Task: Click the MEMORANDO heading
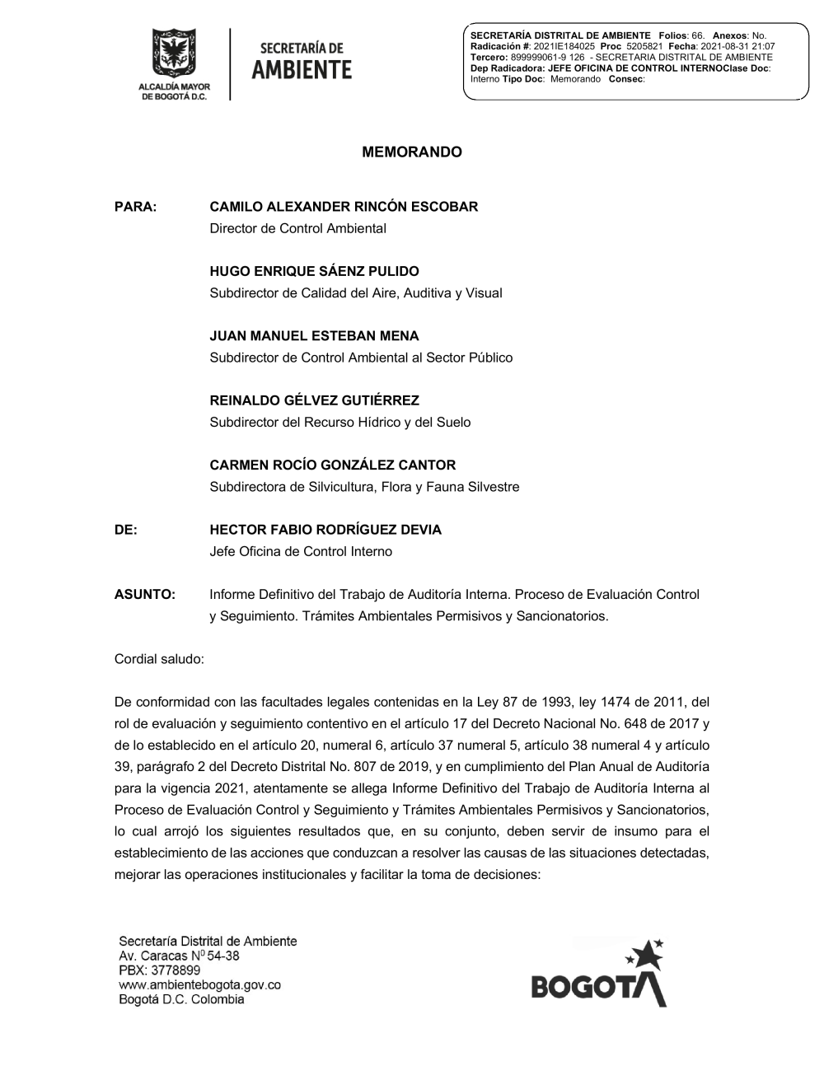tap(412, 152)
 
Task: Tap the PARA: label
tap(135, 207)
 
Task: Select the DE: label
tap(126, 530)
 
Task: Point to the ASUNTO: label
tap(145, 594)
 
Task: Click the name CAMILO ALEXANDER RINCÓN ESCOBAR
tap(344, 207)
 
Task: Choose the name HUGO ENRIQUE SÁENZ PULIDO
tap(314, 271)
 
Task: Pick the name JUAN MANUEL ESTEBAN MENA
tap(314, 336)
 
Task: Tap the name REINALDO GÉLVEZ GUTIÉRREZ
tap(314, 400)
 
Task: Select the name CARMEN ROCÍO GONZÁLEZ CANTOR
tap(333, 465)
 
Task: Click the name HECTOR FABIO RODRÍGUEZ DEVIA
tap(325, 530)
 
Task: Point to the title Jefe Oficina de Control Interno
tap(301, 551)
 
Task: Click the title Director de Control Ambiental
tap(297, 228)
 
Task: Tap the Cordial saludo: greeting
tap(159, 659)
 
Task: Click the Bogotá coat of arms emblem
tap(174, 54)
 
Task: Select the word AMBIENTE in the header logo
tap(302, 71)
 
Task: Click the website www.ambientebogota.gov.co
tap(200, 985)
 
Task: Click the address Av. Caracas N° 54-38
tap(180, 956)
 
